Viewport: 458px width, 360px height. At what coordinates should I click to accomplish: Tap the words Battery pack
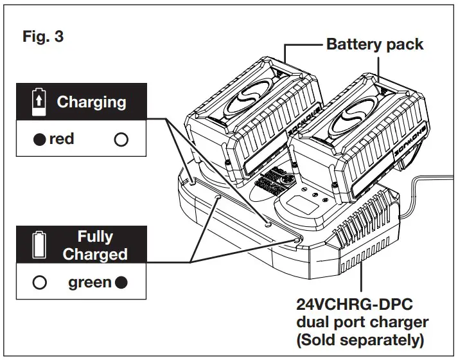375,44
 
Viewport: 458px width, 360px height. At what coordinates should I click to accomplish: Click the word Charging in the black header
91,102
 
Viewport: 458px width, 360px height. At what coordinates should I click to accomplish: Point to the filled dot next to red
40,139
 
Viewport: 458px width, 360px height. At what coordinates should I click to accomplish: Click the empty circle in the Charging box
121,139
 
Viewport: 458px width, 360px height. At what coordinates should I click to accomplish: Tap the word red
62,139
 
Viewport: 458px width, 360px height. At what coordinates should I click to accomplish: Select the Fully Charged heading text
95,245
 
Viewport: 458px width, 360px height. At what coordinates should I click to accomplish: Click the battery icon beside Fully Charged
39,245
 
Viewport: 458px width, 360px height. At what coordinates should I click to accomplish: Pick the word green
89,283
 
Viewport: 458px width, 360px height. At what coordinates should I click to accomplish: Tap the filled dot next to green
121,283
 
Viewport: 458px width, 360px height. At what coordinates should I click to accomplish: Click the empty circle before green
40,283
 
